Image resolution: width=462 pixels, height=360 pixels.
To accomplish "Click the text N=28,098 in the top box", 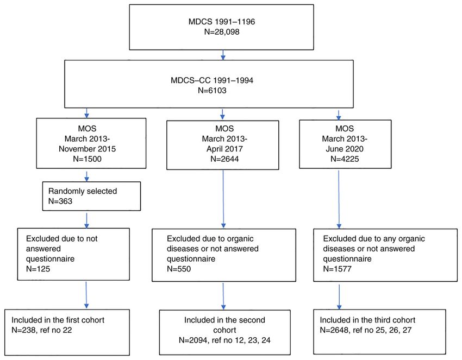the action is (222, 32).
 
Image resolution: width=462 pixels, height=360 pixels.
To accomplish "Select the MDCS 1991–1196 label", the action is (222, 22).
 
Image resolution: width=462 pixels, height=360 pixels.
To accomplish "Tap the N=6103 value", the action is (212, 90).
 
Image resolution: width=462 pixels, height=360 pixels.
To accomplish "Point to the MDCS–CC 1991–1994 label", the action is (212, 80).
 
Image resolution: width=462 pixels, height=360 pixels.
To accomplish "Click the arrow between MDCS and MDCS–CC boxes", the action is (223, 55).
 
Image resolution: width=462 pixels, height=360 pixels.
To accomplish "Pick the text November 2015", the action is (87, 149).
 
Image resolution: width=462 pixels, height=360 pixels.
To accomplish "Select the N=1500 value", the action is (87, 159).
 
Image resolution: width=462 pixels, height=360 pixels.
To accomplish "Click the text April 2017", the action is (224, 149).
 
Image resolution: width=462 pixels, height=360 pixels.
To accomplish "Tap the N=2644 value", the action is (224, 159).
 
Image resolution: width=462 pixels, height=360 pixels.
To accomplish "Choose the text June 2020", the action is (345, 149).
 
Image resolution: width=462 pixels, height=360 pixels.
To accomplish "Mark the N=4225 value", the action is (345, 159).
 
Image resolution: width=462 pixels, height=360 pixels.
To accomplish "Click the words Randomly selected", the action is (83, 191).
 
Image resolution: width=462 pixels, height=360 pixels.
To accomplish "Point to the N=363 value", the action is (60, 201).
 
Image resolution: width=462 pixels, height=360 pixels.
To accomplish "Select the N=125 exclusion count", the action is (38, 269).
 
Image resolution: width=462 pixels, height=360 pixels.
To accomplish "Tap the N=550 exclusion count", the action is (179, 269).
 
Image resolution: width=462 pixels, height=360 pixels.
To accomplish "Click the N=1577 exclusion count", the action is (337, 269).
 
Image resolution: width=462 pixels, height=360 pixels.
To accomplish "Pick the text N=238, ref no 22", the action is (41, 330).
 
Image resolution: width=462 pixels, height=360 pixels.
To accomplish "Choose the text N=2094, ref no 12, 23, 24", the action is (224, 340).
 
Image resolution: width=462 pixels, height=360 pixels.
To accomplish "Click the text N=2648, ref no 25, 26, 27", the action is (366, 330).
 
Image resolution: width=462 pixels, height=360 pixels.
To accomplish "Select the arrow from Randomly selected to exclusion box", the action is (86, 220).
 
